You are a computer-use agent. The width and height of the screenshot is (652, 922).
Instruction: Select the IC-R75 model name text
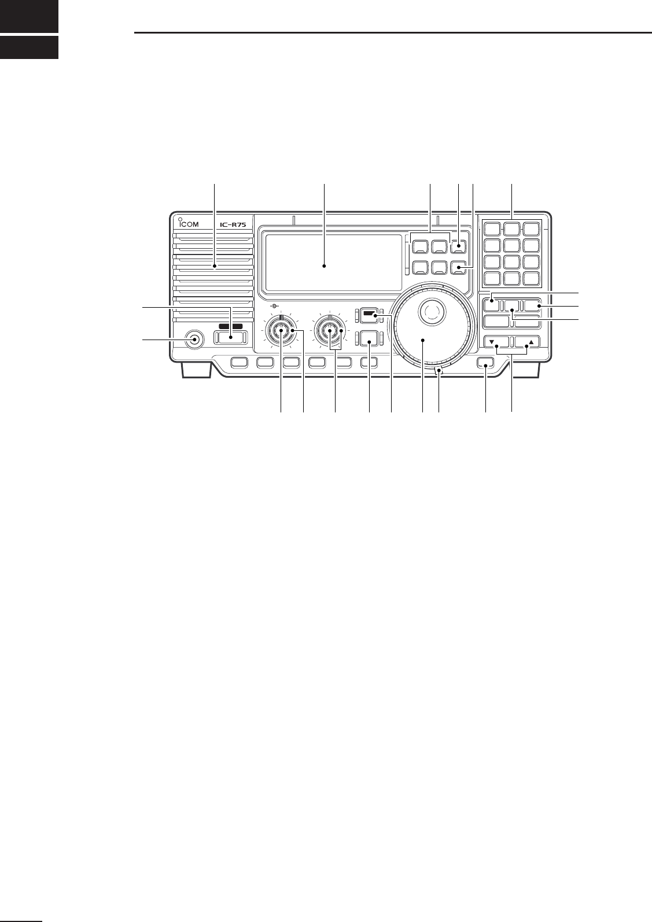(232, 224)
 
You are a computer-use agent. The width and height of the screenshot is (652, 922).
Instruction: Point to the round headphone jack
(194, 340)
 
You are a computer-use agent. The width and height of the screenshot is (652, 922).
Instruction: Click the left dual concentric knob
(281, 331)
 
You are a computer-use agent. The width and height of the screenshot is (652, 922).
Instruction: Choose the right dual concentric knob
(329, 331)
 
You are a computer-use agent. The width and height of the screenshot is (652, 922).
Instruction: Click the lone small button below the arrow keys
(485, 363)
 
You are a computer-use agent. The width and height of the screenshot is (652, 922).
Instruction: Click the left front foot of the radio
(191, 370)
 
